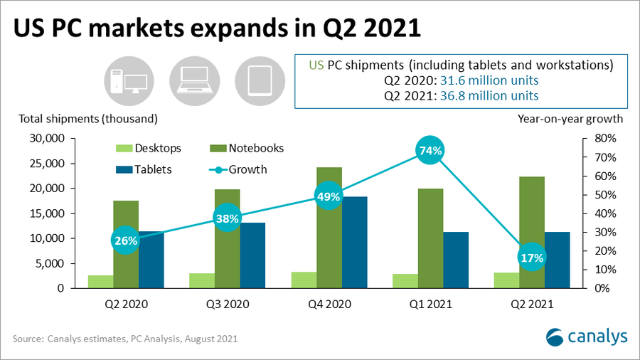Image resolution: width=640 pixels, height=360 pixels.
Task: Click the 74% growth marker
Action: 431,150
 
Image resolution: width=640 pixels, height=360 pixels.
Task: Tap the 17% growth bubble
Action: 532,258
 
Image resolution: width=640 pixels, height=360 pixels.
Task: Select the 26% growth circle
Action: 126,240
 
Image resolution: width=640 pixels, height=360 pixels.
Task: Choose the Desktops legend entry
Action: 149,149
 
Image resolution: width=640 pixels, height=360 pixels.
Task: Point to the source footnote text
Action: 125,339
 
